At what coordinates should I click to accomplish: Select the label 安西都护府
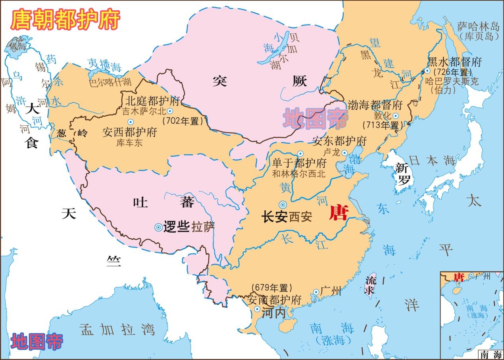(129, 132)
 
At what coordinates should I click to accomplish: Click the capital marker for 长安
(283, 205)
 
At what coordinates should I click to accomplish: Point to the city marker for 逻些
(158, 227)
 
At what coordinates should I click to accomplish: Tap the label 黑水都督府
(454, 62)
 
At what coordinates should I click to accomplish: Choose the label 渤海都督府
(375, 105)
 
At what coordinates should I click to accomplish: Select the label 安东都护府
(340, 141)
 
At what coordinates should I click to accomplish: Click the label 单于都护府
(300, 163)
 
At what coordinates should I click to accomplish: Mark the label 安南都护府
(274, 299)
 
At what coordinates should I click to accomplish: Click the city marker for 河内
(258, 309)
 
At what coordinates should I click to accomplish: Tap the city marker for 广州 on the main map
(316, 292)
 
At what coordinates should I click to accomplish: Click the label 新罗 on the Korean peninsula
(403, 174)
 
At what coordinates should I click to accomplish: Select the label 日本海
(433, 161)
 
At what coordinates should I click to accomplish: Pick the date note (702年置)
(183, 121)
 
